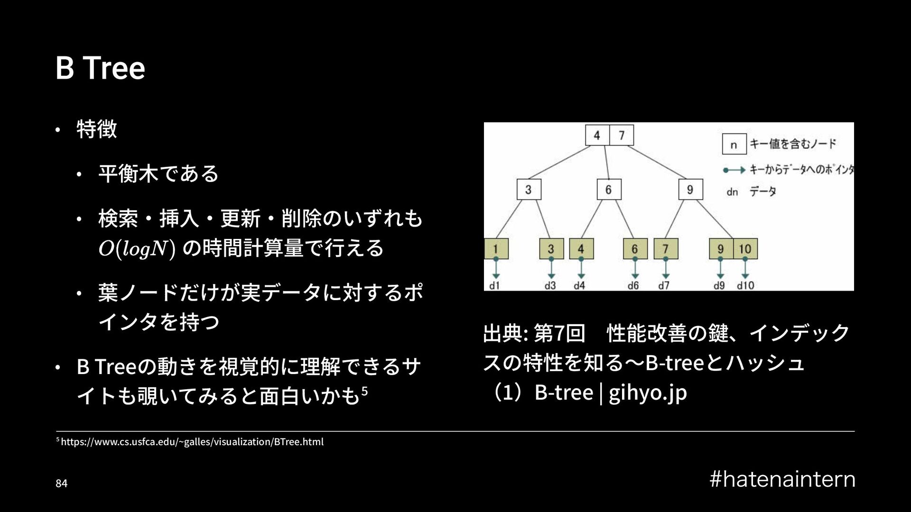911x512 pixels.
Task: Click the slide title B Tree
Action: click(100, 68)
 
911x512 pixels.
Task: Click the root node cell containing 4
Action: click(597, 136)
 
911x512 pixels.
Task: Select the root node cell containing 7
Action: click(621, 136)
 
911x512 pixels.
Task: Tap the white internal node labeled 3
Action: click(528, 190)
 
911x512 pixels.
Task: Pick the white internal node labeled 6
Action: click(608, 190)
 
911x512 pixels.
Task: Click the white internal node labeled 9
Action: click(690, 190)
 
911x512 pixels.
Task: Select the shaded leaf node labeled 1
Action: click(496, 248)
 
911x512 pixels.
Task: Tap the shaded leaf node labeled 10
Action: click(745, 248)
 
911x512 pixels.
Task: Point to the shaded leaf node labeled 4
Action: click(581, 248)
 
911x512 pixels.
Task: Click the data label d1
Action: click(494, 285)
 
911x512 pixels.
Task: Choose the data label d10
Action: click(745, 285)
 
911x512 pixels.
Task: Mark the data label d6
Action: click(633, 285)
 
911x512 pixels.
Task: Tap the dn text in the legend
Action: click(732, 192)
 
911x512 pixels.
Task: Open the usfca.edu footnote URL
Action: click(192, 442)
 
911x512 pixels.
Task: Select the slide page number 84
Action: click(62, 484)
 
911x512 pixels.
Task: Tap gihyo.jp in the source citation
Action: click(647, 393)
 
